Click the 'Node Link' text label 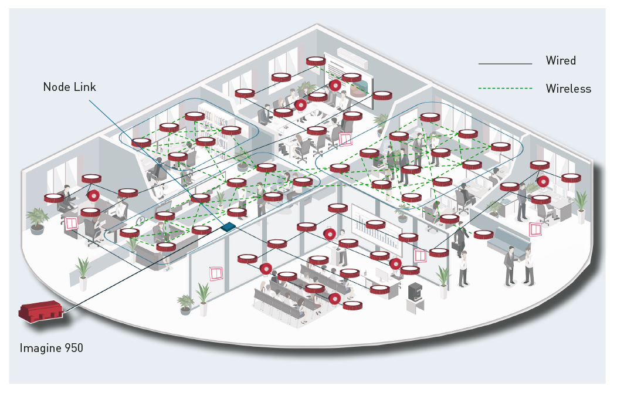(69, 87)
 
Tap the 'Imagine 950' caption (51, 348)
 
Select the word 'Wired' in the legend (561, 60)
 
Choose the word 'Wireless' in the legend (568, 89)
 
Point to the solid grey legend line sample (504, 63)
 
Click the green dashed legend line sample (504, 89)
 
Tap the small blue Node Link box (229, 226)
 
